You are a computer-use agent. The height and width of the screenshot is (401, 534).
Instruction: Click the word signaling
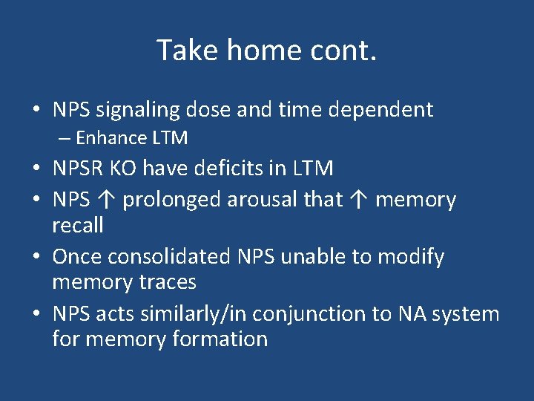coord(139,111)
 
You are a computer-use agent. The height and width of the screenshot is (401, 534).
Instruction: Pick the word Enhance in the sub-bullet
coord(111,138)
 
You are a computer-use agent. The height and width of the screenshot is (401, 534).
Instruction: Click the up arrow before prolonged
coord(106,200)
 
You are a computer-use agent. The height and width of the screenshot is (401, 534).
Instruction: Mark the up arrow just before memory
coord(359,200)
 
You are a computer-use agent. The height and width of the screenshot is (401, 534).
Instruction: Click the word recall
coord(78,225)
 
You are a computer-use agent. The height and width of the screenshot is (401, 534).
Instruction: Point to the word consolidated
coord(169,257)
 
